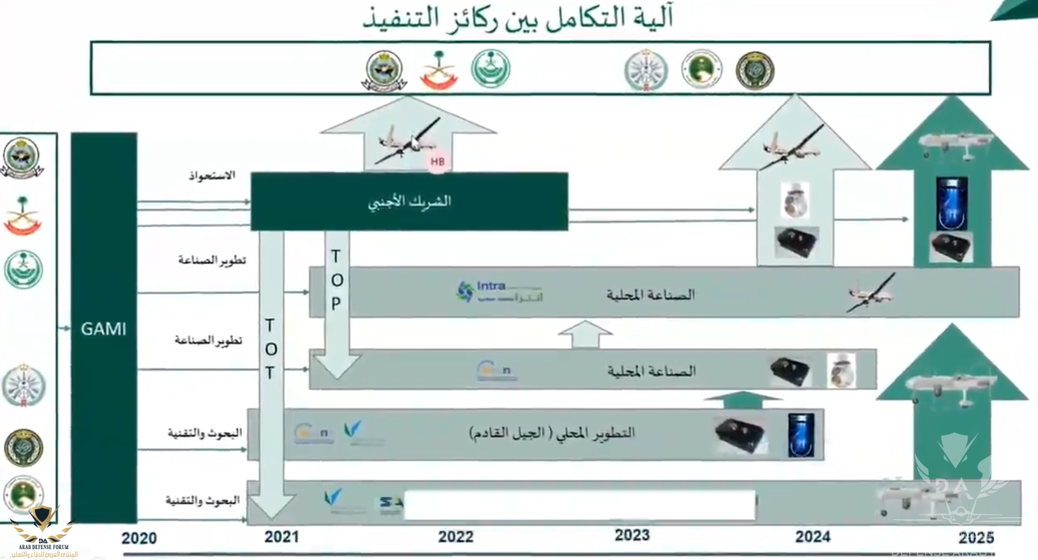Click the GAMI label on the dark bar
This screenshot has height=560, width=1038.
[x=103, y=329]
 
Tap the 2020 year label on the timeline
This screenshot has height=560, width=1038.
[x=139, y=538]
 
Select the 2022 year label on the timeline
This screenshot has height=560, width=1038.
[x=456, y=536]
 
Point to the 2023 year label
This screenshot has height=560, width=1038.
[x=632, y=535]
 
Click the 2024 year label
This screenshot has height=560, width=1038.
[x=812, y=536]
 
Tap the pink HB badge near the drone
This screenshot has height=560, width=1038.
[x=438, y=162]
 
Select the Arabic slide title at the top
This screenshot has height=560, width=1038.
[x=518, y=18]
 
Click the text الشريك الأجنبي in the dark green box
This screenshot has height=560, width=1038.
[x=410, y=202]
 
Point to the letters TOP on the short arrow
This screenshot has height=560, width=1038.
[x=337, y=280]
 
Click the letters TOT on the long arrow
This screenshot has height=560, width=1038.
[x=271, y=349]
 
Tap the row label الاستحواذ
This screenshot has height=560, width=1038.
[x=212, y=175]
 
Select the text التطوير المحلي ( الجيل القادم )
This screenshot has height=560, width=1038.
[x=552, y=433]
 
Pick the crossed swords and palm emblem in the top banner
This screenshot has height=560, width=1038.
[x=438, y=70]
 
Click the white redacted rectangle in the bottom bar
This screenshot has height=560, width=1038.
[x=579, y=505]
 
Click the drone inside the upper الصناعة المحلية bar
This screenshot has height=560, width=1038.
[x=871, y=293]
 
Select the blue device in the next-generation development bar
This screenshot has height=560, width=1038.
[x=801, y=435]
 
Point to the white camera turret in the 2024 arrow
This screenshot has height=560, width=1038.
[x=796, y=200]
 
